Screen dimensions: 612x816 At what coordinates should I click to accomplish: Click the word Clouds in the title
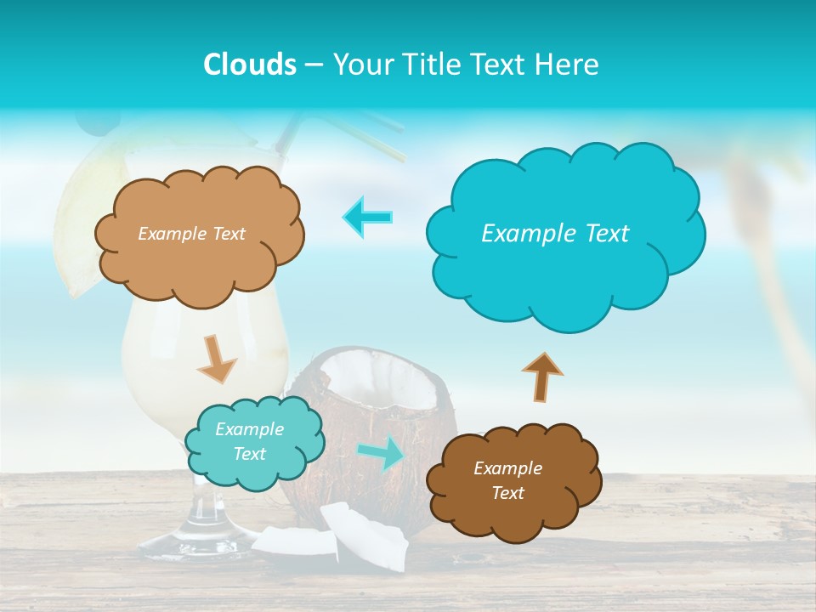coord(250,65)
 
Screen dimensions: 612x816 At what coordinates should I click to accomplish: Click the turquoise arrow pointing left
coord(368,216)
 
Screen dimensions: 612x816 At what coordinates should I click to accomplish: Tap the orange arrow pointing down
coord(216,358)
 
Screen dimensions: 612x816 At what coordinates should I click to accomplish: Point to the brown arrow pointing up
coord(541,375)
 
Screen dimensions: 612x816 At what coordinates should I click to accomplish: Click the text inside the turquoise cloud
coord(555,234)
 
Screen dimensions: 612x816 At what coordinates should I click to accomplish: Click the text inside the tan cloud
coord(191,234)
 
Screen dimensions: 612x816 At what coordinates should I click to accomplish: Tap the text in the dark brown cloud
coord(507,480)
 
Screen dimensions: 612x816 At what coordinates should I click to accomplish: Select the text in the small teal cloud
coord(249,442)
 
